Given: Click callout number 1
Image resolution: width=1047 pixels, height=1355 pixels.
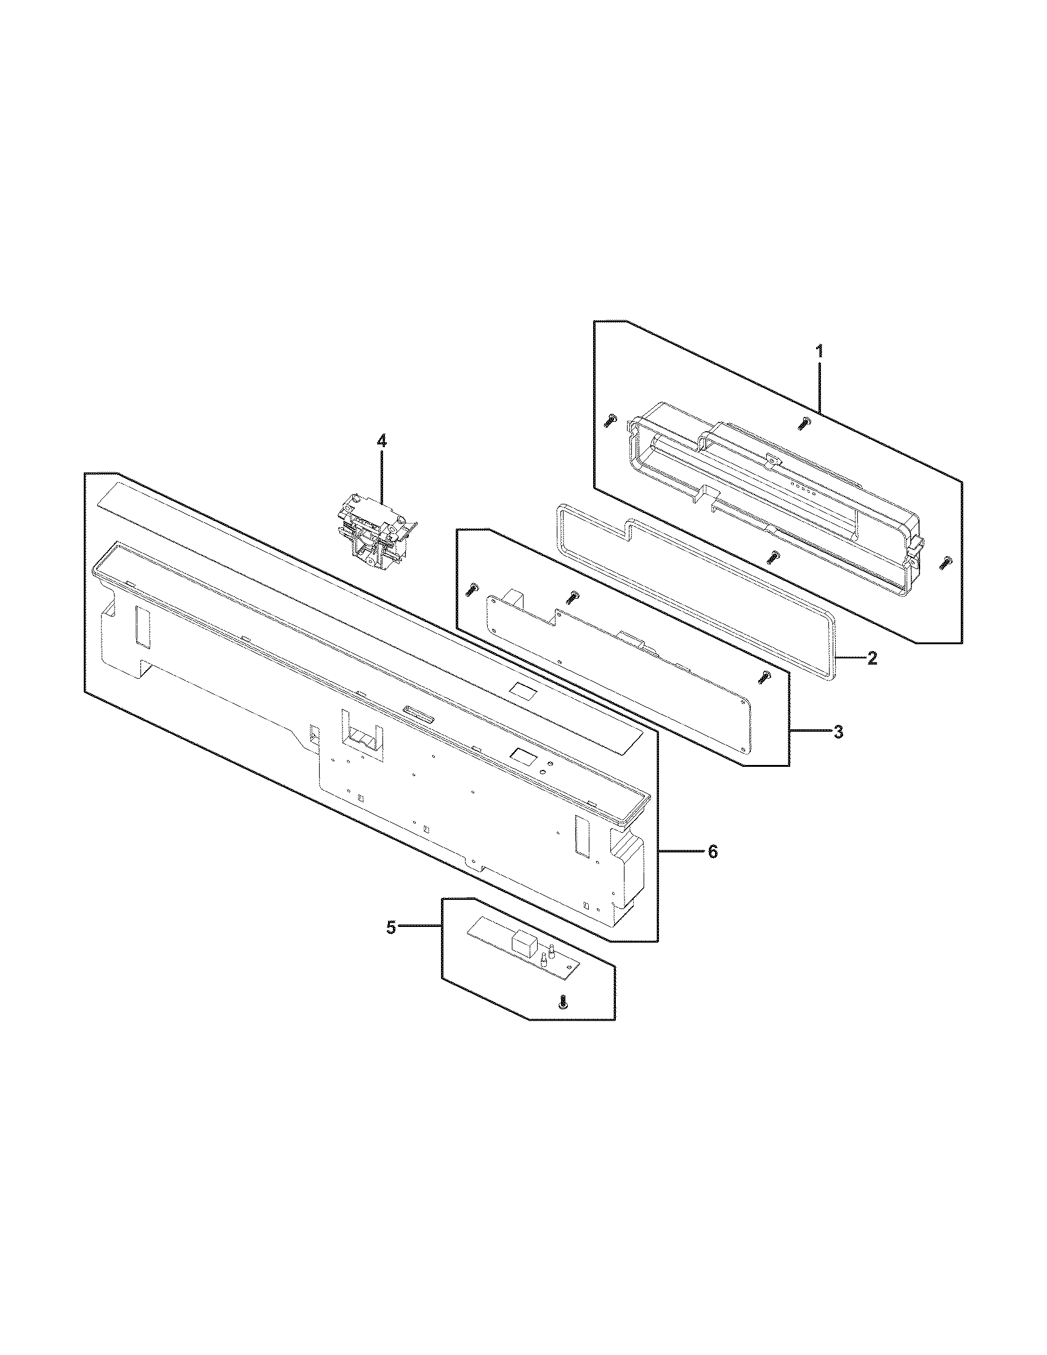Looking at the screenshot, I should point(819,352).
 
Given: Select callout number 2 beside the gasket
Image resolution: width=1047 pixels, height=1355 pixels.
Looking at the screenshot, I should point(871,658).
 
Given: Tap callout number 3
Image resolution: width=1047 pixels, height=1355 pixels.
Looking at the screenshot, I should point(838,732).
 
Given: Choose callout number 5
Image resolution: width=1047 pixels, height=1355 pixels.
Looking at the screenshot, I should point(390,945).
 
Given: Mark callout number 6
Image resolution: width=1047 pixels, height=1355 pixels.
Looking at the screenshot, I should point(713,852).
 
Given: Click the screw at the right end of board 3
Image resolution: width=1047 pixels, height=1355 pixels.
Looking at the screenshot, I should point(766,678).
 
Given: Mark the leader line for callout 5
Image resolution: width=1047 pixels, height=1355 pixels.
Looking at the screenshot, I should point(420,944).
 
